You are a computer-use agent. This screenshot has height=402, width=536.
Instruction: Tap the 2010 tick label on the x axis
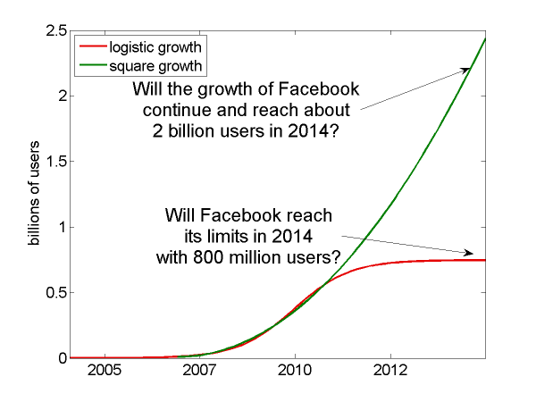pyautogui.click(x=295, y=370)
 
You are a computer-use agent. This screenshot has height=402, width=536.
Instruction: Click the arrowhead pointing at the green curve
pyautogui.click(x=466, y=69)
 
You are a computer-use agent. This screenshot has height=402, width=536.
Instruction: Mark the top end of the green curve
pyautogui.click(x=485, y=38)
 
